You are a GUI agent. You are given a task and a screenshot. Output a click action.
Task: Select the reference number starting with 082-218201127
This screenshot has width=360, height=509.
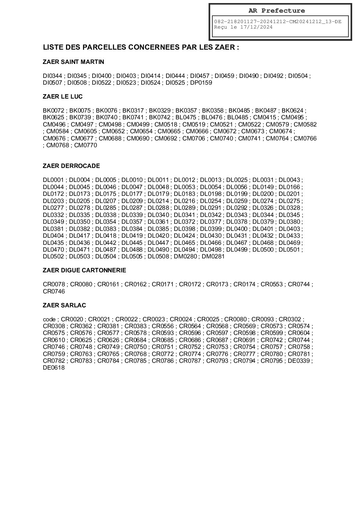click(278, 21)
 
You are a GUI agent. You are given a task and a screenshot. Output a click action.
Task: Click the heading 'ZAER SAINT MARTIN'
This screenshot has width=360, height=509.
click(73, 62)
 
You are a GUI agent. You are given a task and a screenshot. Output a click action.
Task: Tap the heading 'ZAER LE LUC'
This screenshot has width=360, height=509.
click(63, 97)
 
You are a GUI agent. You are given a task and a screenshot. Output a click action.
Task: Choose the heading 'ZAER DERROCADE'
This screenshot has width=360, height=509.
click(71, 166)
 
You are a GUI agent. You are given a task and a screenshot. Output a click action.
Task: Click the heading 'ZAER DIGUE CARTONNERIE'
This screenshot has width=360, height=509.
click(84, 270)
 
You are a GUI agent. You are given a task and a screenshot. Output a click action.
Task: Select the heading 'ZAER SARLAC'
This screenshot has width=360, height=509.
click(64, 305)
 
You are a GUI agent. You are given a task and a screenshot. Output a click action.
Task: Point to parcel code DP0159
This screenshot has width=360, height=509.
click(201, 83)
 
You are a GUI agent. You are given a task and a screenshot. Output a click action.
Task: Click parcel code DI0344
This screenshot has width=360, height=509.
click(52, 76)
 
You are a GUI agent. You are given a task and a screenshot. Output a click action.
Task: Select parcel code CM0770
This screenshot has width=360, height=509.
click(85, 145)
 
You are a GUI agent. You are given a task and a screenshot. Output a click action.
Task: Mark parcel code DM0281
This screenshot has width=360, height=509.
click(213, 256)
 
